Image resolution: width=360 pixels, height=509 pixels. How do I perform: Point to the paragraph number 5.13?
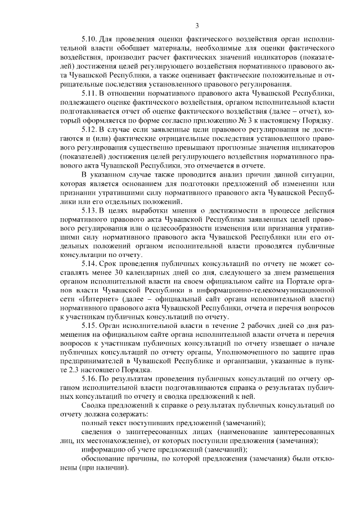point(89,210)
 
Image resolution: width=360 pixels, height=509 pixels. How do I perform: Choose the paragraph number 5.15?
point(89,326)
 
